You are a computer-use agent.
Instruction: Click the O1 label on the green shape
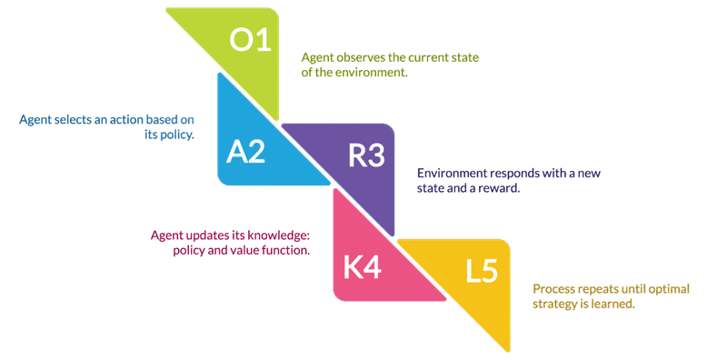pos(251,41)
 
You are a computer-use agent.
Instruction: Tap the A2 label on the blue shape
pos(244,152)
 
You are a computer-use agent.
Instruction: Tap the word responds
pos(516,173)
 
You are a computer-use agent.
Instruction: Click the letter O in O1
pos(240,41)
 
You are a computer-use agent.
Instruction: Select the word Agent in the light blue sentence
pos(35,120)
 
